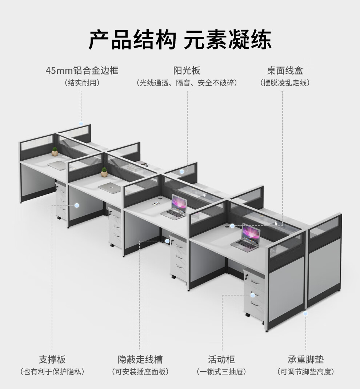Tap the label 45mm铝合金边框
tap(82, 70)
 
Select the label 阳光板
tap(187, 70)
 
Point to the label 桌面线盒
tap(285, 70)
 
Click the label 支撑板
tap(52, 360)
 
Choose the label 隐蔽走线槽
tap(140, 360)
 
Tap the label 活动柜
tap(221, 360)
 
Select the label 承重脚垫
tap(305, 360)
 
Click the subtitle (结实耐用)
tap(82, 83)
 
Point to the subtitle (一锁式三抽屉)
tap(221, 372)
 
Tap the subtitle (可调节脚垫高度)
tap(305, 372)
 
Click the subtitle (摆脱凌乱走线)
tap(285, 83)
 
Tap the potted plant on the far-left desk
tap(55, 152)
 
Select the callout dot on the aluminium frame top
tap(81, 124)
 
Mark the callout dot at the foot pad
tap(305, 313)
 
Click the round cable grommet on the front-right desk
tap(231, 225)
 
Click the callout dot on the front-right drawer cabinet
tap(252, 295)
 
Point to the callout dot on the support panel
tap(77, 205)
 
